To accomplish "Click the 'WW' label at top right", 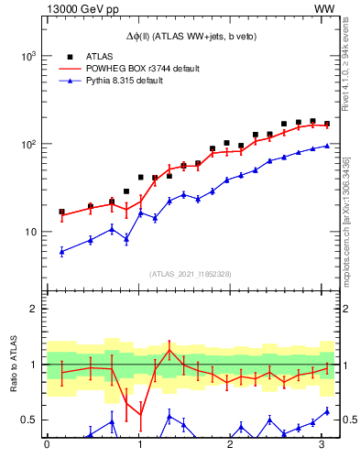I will tap(323, 8).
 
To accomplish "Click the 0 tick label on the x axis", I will tap(47, 446).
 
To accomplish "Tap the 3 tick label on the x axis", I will tap(322, 446).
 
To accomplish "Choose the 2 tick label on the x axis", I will tap(230, 446).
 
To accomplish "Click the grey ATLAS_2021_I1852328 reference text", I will tap(190, 274).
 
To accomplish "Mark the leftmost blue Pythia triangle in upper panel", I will tap(61, 251).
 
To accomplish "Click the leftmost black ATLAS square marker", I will tap(61, 212).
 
